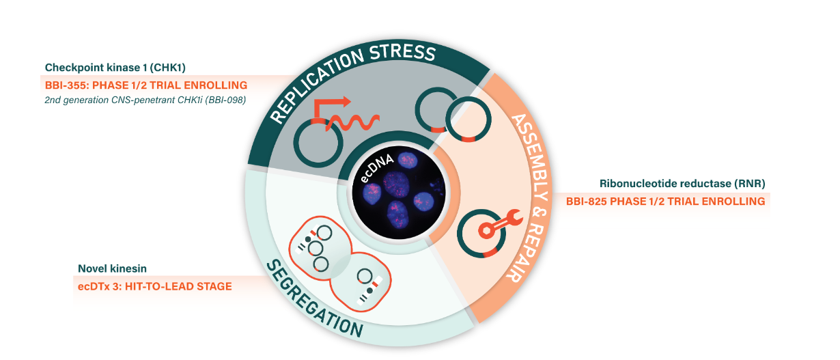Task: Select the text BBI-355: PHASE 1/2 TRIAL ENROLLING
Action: [145, 85]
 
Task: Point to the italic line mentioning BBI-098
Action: [145, 100]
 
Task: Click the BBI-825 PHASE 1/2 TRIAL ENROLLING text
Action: [665, 202]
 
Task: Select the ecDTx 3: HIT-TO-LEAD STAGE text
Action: [154, 286]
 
